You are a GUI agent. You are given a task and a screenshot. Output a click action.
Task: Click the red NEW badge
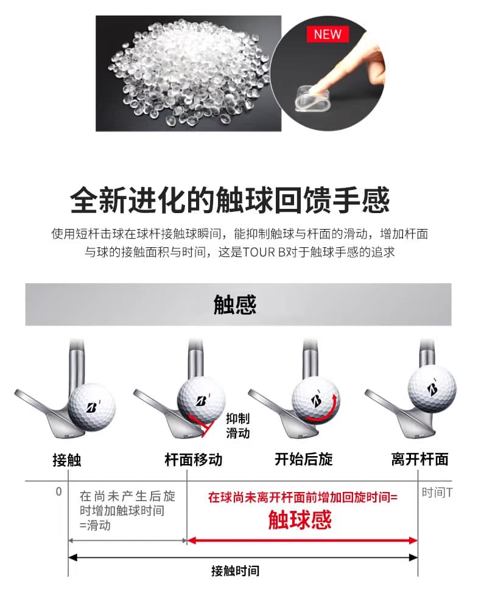pyautogui.click(x=328, y=34)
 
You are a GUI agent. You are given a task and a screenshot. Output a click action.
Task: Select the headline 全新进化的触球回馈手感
pyautogui.click(x=230, y=200)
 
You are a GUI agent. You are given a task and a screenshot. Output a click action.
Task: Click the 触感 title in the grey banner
pyautogui.click(x=235, y=304)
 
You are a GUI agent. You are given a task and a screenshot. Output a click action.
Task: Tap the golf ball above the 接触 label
pyautogui.click(x=93, y=407)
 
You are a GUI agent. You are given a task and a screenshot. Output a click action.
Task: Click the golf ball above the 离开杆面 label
pyautogui.click(x=432, y=388)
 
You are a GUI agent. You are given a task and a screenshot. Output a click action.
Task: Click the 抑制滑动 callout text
pyautogui.click(x=237, y=426)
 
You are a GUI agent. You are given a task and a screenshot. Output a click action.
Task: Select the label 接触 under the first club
pyautogui.click(x=67, y=460)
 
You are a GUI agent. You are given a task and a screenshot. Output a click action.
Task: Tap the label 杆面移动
pyautogui.click(x=194, y=459)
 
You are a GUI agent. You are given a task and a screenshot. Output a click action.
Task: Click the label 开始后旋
pyautogui.click(x=304, y=459)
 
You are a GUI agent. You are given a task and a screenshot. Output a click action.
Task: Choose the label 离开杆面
pyautogui.click(x=420, y=459)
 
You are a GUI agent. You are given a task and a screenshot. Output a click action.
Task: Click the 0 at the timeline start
pyautogui.click(x=58, y=491)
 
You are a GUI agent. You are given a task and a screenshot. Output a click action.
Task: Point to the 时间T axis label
pyautogui.click(x=437, y=492)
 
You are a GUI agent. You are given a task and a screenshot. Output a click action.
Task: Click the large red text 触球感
pyautogui.click(x=300, y=520)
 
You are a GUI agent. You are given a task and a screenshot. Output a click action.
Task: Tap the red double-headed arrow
pyautogui.click(x=302, y=541)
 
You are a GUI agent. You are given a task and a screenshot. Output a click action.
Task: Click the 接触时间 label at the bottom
pyautogui.click(x=235, y=571)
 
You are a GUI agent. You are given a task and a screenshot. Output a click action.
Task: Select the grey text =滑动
pyautogui.click(x=95, y=525)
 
